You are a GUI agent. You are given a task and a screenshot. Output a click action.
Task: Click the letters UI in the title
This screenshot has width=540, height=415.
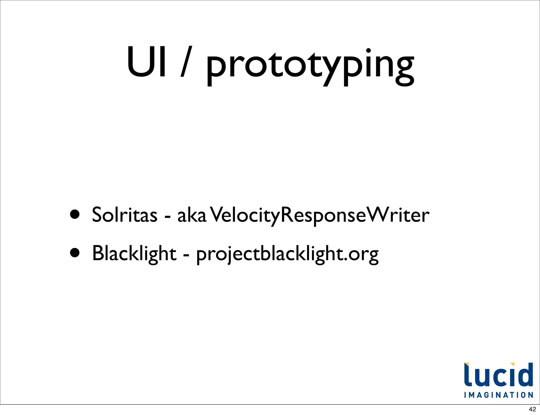(x=147, y=62)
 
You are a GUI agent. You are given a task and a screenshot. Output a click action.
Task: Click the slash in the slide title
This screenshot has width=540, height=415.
(x=187, y=62)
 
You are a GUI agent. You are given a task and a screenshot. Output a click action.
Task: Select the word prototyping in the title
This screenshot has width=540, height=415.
(x=310, y=66)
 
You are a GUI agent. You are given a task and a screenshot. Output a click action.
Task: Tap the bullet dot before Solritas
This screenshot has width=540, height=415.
(x=75, y=214)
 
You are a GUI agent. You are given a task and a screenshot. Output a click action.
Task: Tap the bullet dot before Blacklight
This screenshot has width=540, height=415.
(x=75, y=253)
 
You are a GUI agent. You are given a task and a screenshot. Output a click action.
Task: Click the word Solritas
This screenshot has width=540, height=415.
(x=124, y=214)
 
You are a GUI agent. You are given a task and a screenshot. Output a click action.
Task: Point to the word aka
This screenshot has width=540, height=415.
(x=192, y=215)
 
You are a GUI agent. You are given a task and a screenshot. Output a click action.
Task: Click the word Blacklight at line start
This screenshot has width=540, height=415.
(x=134, y=253)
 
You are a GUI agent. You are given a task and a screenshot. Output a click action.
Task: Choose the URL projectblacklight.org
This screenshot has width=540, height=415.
(x=287, y=254)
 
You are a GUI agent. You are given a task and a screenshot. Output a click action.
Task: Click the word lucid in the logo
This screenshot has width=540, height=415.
(x=499, y=375)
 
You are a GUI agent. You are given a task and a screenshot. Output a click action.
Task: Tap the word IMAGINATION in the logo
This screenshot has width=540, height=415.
(x=499, y=395)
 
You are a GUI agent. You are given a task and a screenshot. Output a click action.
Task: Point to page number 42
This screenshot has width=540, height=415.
(x=532, y=409)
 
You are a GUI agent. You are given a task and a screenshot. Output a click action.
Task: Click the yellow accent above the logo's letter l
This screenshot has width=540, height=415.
(x=466, y=365)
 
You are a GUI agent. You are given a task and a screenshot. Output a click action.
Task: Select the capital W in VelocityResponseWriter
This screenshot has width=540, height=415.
(x=378, y=215)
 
